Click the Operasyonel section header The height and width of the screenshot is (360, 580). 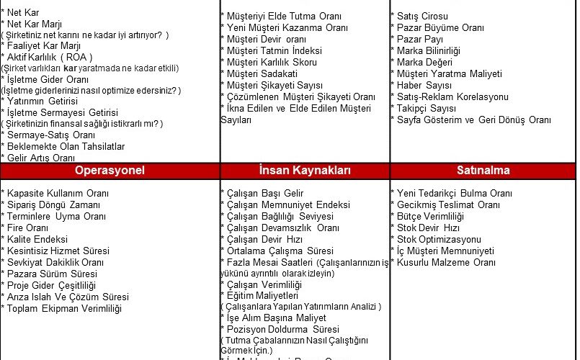click(x=110, y=171)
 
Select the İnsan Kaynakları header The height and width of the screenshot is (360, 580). click(x=304, y=171)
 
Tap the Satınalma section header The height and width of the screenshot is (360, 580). click(x=483, y=171)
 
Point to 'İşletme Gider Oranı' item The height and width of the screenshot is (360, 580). click(x=46, y=79)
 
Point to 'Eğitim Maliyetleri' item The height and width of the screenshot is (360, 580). click(x=260, y=295)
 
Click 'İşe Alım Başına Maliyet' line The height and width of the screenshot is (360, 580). click(x=275, y=318)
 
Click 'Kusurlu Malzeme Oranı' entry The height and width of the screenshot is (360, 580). click(x=445, y=262)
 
